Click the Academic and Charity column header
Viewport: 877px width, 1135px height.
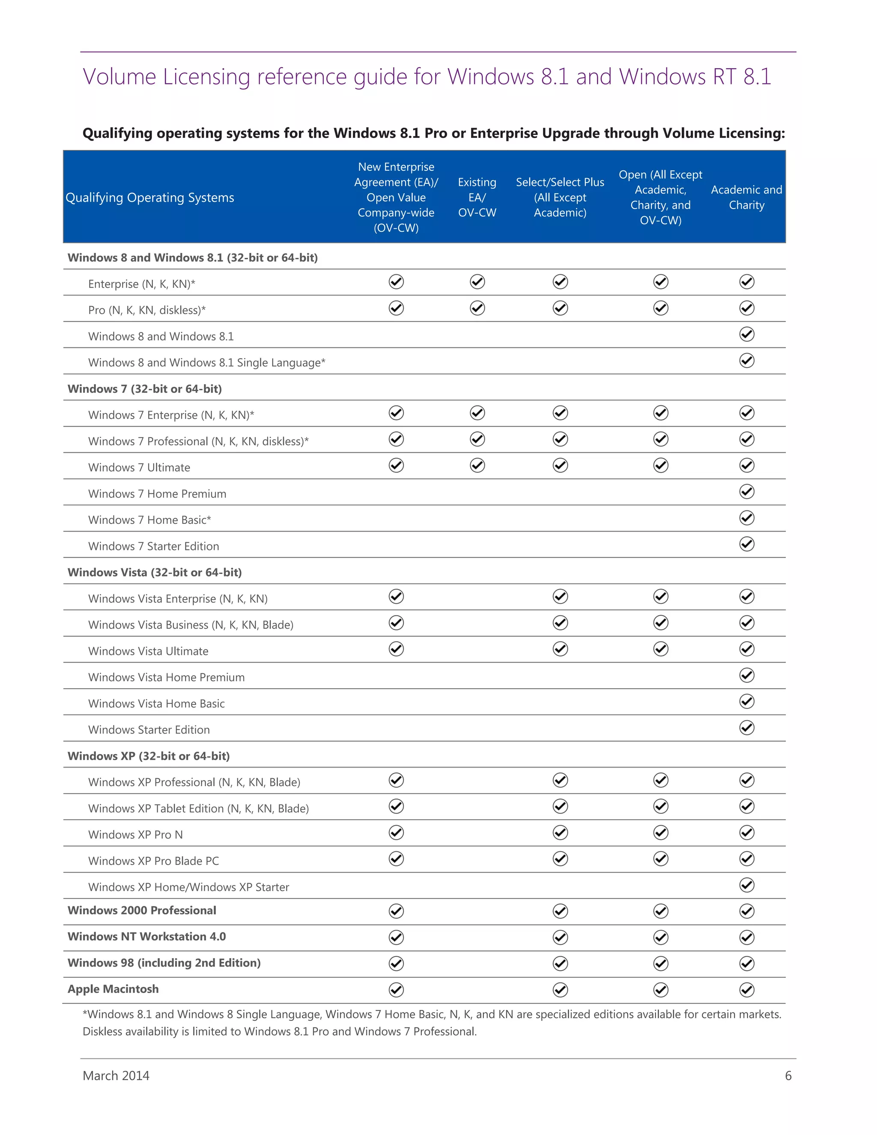point(746,197)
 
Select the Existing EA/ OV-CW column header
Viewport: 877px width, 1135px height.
point(477,197)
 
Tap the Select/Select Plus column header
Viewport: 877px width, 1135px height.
point(560,197)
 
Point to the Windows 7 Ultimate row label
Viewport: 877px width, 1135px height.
point(139,467)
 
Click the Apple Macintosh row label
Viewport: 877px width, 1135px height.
point(113,989)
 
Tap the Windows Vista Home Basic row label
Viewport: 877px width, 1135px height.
point(156,703)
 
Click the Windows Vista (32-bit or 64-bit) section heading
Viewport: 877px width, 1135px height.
point(154,572)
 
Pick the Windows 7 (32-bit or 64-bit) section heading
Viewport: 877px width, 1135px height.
point(144,389)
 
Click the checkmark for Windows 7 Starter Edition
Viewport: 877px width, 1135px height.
point(746,544)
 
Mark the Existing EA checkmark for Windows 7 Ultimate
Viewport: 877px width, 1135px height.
point(477,465)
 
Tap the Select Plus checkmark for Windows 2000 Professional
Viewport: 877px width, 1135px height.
point(560,911)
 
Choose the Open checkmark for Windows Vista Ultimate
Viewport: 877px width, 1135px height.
point(660,648)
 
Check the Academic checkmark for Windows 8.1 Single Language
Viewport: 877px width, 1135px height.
point(746,360)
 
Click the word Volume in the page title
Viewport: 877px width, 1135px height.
point(119,77)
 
